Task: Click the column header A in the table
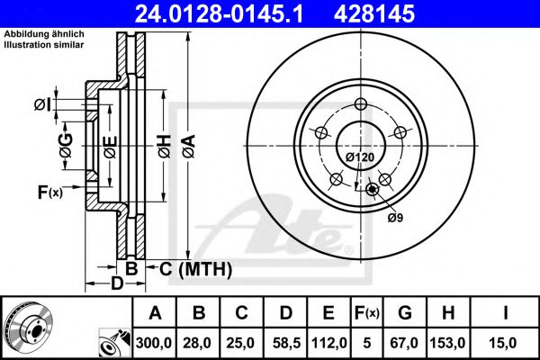click(155, 312)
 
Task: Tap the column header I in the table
click(507, 312)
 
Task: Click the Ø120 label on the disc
click(360, 157)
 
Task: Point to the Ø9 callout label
click(394, 218)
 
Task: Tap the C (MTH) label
click(196, 268)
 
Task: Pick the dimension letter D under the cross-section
click(116, 285)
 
